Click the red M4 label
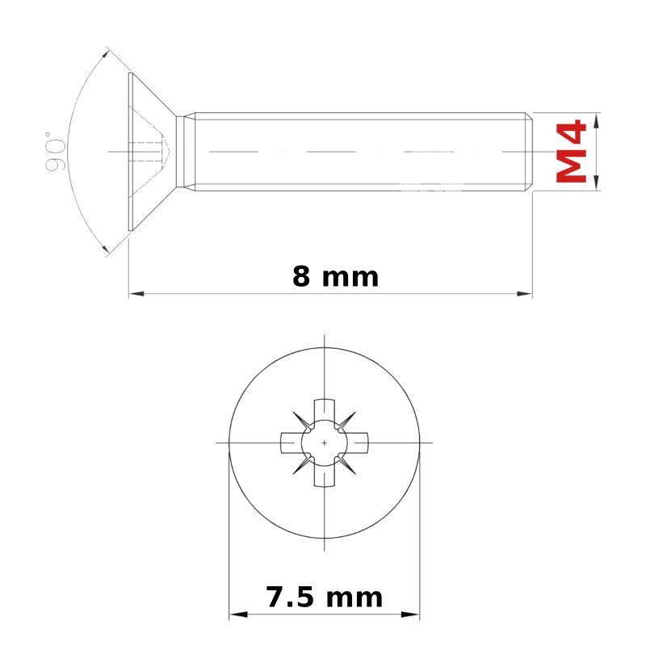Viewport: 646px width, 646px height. (571, 151)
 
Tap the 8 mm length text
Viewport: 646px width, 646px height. (335, 276)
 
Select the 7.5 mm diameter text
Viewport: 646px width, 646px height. (325, 597)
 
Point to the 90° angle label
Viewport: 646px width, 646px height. (55, 151)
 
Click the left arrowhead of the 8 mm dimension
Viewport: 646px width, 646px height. (136, 294)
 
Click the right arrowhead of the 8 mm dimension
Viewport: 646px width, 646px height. (524, 294)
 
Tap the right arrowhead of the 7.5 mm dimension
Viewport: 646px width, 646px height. (410, 615)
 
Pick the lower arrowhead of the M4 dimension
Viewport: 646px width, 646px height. (597, 182)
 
